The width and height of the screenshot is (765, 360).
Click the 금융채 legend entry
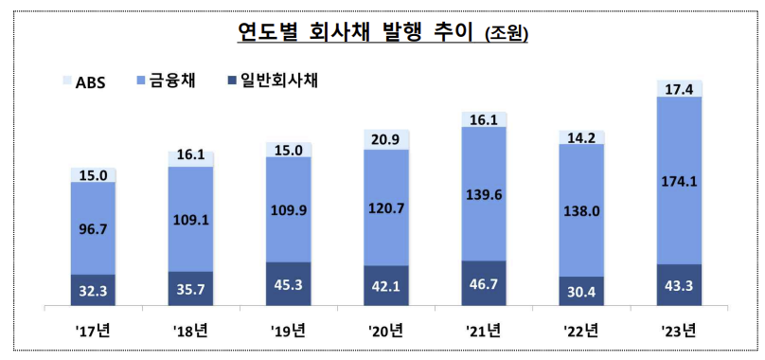coord(168,81)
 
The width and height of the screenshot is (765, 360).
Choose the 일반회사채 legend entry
coord(269,81)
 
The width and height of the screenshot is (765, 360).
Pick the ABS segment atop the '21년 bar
coord(484,119)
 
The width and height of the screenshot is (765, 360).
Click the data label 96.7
coord(94,228)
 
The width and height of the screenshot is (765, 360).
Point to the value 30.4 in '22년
coord(581,292)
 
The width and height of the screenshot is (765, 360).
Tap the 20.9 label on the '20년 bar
coord(386,138)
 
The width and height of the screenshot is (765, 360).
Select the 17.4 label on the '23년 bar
coord(679,88)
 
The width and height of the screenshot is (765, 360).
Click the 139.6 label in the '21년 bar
coord(484,195)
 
